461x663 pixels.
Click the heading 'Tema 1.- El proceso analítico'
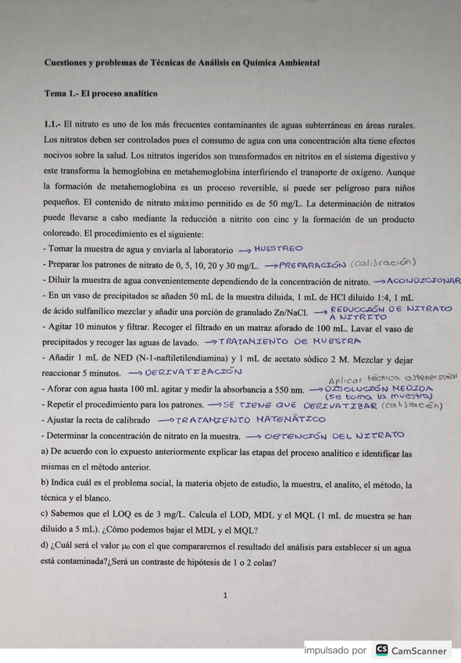101,93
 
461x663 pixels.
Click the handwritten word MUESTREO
279,249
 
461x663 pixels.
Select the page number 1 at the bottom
224,596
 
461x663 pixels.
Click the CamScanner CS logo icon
382,650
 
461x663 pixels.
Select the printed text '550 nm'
286,389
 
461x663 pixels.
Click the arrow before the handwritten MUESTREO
244,249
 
